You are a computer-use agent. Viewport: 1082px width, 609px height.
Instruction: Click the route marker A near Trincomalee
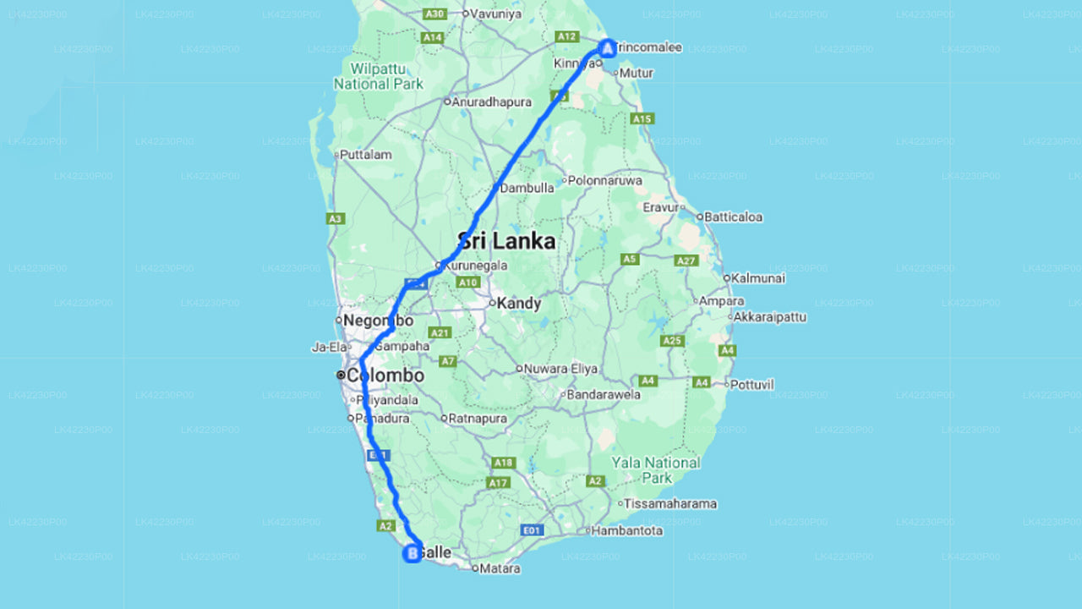click(606, 47)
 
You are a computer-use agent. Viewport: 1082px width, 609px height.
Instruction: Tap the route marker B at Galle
click(413, 554)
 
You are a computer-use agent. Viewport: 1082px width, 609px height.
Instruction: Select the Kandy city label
click(518, 303)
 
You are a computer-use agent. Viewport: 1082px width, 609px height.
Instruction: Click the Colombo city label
click(385, 375)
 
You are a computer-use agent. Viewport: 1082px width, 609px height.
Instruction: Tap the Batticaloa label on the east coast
click(733, 217)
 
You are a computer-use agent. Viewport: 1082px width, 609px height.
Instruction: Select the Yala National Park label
click(656, 470)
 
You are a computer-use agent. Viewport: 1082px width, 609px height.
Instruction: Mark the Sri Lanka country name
click(506, 241)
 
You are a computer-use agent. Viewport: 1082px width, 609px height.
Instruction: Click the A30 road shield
click(434, 14)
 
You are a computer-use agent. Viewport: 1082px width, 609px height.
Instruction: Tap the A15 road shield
click(642, 119)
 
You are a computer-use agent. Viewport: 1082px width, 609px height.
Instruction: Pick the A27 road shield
click(686, 261)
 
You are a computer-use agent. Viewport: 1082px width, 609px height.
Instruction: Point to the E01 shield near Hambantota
click(532, 530)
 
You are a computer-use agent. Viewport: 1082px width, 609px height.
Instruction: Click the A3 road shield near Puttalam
click(336, 218)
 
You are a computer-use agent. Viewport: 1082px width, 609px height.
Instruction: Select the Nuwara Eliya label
click(560, 369)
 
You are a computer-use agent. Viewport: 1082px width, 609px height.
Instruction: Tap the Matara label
click(500, 568)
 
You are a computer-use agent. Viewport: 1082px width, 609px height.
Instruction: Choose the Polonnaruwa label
click(604, 180)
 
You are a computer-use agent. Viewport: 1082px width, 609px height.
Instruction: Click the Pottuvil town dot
click(726, 384)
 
